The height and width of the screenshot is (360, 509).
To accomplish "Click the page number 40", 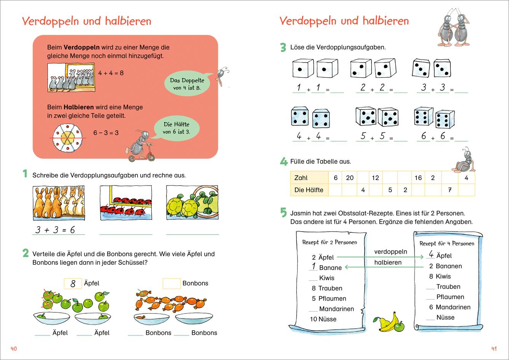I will (13, 349).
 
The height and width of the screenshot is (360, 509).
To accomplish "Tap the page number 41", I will (494, 349).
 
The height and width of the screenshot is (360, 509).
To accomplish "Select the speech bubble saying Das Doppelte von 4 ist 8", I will (187, 84).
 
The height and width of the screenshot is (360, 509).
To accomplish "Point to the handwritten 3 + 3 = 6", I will (55, 230).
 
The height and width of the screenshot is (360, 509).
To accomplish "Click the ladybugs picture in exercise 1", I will (125, 202).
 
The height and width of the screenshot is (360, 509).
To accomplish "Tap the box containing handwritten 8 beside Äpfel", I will (72, 283).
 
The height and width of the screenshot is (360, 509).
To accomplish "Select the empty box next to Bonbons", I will (171, 283).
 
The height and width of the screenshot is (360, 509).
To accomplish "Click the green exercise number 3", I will (283, 48).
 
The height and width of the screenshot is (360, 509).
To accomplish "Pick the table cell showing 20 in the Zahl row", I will (349, 178).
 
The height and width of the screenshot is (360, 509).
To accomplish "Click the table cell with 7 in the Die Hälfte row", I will (450, 190).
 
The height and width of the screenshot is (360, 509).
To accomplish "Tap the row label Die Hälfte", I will (309, 190).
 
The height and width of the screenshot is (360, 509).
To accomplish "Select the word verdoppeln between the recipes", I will (391, 252).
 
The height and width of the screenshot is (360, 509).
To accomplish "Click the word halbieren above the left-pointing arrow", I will (387, 262).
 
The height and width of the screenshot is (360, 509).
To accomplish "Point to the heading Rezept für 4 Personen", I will (447, 243).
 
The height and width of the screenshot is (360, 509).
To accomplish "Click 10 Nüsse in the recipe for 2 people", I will (323, 319).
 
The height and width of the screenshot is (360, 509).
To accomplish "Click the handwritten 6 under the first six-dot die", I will (423, 136).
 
